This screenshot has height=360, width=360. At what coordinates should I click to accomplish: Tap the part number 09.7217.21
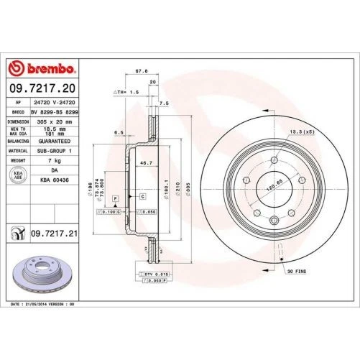click(x=53, y=233)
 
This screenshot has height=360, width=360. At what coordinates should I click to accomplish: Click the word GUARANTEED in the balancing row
click(x=55, y=142)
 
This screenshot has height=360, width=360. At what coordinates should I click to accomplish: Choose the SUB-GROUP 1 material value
click(x=55, y=152)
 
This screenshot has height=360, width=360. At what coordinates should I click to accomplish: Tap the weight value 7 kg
click(x=55, y=162)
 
